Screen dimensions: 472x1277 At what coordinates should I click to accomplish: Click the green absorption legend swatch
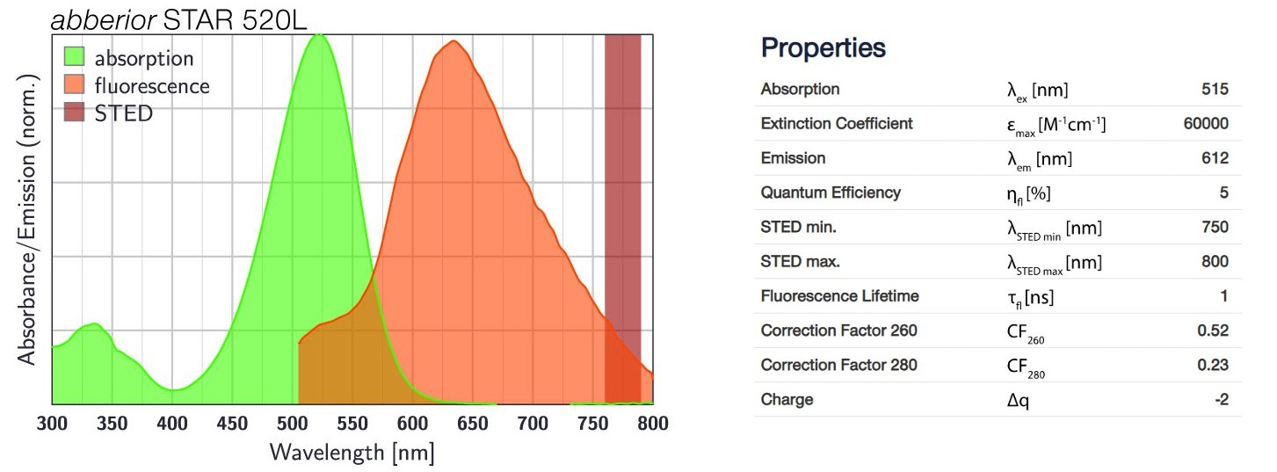(75, 59)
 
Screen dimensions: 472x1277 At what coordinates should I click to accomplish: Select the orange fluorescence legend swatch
(75, 86)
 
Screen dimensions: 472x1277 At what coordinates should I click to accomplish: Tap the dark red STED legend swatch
(75, 113)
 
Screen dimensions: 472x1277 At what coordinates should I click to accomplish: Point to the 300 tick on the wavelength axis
(53, 424)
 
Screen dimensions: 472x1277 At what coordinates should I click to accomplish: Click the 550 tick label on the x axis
(352, 424)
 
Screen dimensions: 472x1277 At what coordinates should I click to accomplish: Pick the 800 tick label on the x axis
(652, 424)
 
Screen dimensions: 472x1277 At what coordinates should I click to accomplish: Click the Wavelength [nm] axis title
(352, 453)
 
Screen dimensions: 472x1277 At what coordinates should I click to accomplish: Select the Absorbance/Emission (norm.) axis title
(28, 219)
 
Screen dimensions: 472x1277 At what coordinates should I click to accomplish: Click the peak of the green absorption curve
(319, 34)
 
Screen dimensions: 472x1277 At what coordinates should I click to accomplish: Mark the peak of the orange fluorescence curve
(453, 41)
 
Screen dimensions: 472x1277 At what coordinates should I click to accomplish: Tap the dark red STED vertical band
(622, 176)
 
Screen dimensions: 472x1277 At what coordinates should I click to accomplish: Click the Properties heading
(823, 48)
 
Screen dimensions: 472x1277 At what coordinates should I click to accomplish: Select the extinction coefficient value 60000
(1206, 124)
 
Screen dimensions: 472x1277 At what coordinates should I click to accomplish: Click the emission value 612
(1215, 158)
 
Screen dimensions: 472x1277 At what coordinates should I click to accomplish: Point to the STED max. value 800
(1215, 262)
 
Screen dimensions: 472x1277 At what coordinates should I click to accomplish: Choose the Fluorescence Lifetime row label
(839, 296)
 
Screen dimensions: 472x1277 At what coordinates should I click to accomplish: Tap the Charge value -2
(1220, 400)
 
